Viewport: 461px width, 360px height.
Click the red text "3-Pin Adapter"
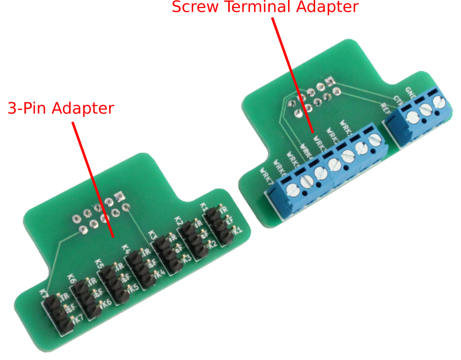pos(61,108)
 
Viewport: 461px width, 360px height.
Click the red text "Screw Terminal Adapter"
pos(264,7)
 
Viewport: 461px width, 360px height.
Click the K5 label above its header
pos(99,264)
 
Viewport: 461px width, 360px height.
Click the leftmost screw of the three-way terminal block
pos(411,117)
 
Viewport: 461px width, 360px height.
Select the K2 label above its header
pos(178,222)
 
